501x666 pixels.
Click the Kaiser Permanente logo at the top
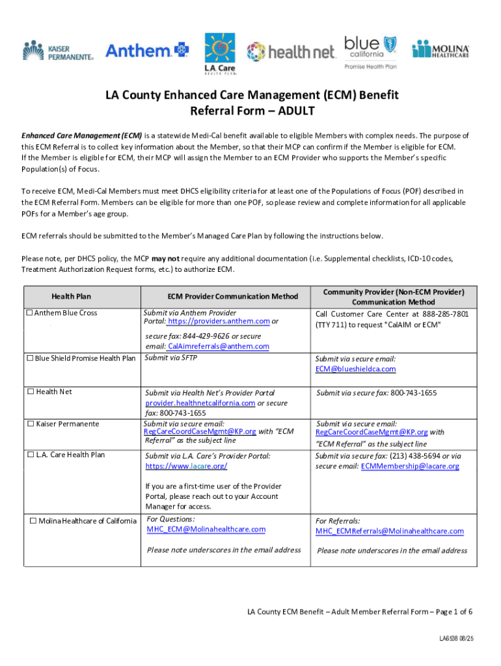(59, 49)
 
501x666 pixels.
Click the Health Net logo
(290, 51)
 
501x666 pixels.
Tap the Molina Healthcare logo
(440, 49)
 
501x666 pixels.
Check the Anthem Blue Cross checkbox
(29, 313)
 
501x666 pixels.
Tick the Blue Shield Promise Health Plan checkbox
(29, 358)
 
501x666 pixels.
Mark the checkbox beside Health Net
(30, 392)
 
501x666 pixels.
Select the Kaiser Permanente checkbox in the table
(30, 424)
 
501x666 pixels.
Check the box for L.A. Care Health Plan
(30, 455)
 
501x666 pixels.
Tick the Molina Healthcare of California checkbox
(33, 520)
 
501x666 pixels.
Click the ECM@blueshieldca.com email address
(355, 369)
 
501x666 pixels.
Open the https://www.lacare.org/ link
(187, 466)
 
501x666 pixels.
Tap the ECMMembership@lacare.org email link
(410, 466)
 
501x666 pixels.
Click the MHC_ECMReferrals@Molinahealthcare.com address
(390, 531)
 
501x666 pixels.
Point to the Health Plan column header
(72, 297)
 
